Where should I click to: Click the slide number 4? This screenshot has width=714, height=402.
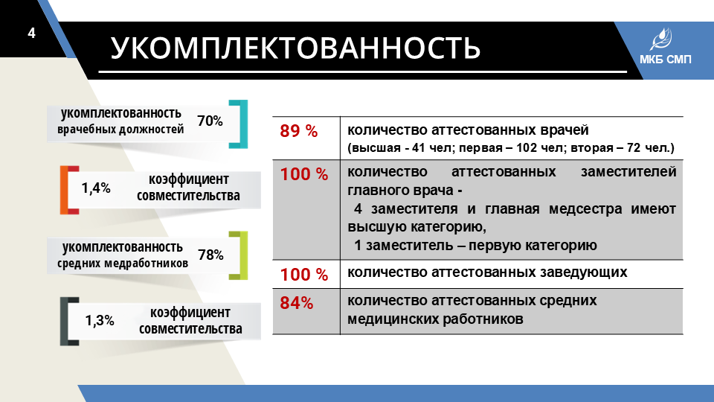click(x=31, y=33)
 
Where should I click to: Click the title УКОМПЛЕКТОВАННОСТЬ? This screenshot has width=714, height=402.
click(x=295, y=48)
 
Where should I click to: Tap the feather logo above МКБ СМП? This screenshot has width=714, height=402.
click(x=660, y=39)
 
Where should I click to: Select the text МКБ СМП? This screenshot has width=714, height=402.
click(x=665, y=60)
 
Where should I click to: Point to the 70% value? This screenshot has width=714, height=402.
click(x=210, y=121)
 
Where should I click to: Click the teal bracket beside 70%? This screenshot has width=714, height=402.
click(x=245, y=124)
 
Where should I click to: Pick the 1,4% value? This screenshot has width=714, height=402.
click(x=96, y=188)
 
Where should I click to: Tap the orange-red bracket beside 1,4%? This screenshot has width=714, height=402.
click(x=64, y=190)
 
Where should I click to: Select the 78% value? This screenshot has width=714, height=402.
click(x=210, y=255)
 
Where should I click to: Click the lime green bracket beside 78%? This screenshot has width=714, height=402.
click(x=245, y=255)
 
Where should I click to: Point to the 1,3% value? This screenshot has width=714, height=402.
click(x=99, y=320)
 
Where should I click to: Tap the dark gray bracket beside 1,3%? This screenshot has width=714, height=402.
click(x=64, y=322)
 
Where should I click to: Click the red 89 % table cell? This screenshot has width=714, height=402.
click(x=299, y=131)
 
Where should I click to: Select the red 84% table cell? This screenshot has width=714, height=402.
click(x=297, y=303)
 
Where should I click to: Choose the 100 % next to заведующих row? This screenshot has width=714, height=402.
click(x=303, y=275)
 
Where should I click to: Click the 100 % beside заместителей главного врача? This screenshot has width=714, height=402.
click(x=303, y=173)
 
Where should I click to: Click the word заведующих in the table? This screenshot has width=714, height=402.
click(x=583, y=272)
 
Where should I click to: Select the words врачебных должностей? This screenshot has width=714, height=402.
click(x=120, y=130)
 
